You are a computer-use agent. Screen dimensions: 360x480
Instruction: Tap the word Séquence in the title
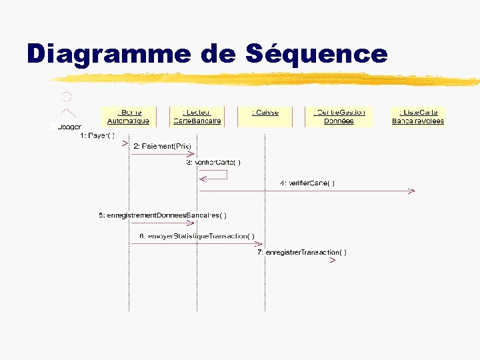pyautogui.click(x=316, y=53)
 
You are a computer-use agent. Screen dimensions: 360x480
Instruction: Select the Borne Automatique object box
pyautogui.click(x=128, y=117)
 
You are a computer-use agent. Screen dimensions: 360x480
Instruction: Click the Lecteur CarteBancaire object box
pyautogui.click(x=197, y=117)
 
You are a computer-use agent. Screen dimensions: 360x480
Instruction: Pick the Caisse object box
pyautogui.click(x=265, y=113)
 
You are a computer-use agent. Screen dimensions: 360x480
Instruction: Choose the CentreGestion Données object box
pyautogui.click(x=339, y=117)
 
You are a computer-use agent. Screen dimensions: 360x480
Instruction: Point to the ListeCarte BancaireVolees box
pyautogui.click(x=418, y=117)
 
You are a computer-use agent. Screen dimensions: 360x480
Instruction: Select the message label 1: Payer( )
pyautogui.click(x=97, y=135)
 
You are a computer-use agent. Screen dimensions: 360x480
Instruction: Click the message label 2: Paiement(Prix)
pyautogui.click(x=162, y=146)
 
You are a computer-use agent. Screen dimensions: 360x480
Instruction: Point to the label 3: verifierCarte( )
pyautogui.click(x=213, y=162)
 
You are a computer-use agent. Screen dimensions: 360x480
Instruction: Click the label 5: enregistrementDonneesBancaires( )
pyautogui.click(x=163, y=215)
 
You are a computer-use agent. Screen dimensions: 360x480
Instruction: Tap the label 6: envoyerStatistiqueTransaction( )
pyautogui.click(x=196, y=236)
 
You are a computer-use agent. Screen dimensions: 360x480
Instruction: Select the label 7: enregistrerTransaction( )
pyautogui.click(x=302, y=252)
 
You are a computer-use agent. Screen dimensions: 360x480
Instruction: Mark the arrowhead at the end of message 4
pyautogui.click(x=411, y=191)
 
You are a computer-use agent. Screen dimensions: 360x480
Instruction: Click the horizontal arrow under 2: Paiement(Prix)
pyautogui.click(x=163, y=154)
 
